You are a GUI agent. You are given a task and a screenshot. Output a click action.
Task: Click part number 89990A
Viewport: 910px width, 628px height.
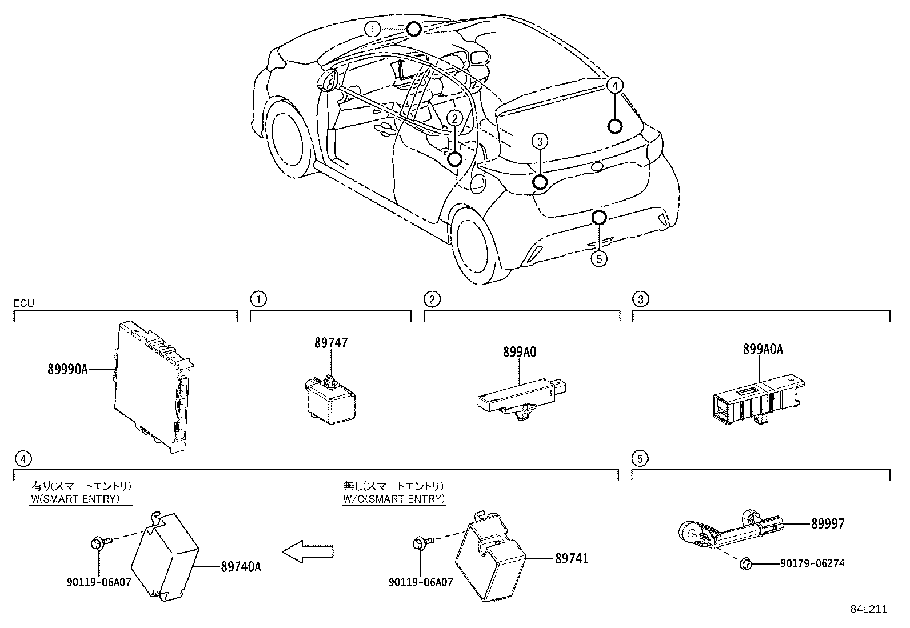67,370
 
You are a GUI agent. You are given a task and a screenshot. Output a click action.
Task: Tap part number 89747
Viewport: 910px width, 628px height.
330,343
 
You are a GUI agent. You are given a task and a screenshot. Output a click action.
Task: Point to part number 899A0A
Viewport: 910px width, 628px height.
763,349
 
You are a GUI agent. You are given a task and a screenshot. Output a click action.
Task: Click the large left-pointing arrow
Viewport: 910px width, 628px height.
308,551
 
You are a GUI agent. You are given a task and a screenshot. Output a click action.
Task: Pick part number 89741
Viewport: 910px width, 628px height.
571,558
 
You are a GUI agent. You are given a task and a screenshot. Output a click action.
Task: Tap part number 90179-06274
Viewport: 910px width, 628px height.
812,564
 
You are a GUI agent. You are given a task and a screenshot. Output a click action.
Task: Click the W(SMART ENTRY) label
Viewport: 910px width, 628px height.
75,499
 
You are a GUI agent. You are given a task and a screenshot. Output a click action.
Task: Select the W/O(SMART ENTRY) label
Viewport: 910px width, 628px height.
393,499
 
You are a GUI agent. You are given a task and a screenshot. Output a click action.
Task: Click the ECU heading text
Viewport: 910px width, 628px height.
23,303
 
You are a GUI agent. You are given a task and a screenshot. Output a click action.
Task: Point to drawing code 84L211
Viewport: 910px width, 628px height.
868,609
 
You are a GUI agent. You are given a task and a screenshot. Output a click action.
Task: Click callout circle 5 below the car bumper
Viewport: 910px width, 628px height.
598,259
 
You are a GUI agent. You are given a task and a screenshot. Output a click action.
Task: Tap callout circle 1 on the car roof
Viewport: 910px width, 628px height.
373,29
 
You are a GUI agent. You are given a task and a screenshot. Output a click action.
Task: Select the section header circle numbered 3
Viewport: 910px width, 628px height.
640,299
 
